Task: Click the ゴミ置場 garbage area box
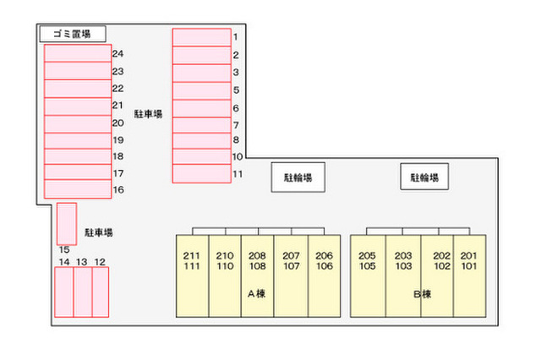(x=72, y=34)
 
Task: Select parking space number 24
(x=77, y=52)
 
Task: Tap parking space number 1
(x=201, y=36)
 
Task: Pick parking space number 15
(x=67, y=223)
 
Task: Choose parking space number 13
(x=82, y=292)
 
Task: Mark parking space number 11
(x=201, y=174)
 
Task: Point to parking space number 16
(x=77, y=189)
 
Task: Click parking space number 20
(x=77, y=123)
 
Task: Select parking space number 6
(x=201, y=108)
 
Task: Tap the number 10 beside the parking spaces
(x=238, y=156)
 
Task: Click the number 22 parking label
(x=117, y=88)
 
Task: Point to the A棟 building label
(x=257, y=294)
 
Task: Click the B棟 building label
(x=423, y=294)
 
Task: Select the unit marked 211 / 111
(x=192, y=275)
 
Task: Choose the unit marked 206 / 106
(x=324, y=275)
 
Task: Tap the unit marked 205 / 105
(x=367, y=275)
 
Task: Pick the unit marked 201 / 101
(x=469, y=275)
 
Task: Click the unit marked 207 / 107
(x=291, y=275)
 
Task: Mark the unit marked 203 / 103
(x=402, y=275)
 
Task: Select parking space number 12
(x=100, y=292)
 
